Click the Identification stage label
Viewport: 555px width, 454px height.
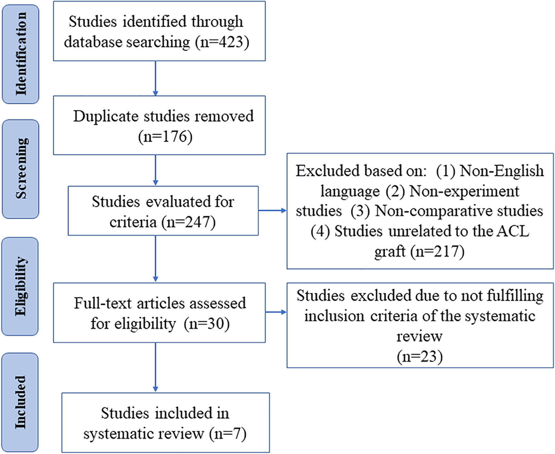pyautogui.click(x=21, y=54)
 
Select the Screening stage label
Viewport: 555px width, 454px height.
pyautogui.click(x=21, y=168)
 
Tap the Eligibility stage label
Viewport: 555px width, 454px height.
pyautogui.click(x=20, y=286)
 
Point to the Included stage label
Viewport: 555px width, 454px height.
pyautogui.click(x=20, y=402)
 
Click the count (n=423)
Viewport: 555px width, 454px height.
pyautogui.click(x=222, y=42)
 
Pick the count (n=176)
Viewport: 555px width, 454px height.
pyautogui.click(x=165, y=137)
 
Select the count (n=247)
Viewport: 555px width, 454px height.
pyautogui.click(x=188, y=222)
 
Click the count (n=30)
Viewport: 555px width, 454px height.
pyautogui.click(x=207, y=324)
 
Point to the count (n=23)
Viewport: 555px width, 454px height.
pyautogui.click(x=420, y=357)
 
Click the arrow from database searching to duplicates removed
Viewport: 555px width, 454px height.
pyautogui.click(x=156, y=78)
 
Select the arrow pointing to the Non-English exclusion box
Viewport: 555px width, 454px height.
pyautogui.click(x=272, y=211)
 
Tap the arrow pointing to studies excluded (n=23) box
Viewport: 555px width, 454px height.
pyautogui.click(x=276, y=312)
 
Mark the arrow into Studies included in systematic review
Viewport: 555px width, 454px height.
pyautogui.click(x=156, y=367)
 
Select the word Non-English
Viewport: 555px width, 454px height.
pyautogui.click(x=502, y=171)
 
